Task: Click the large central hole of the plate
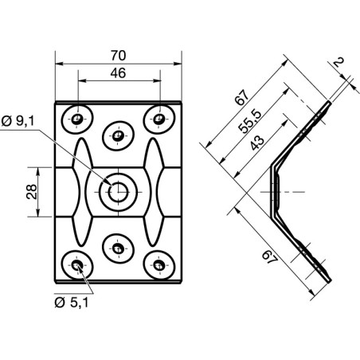click(x=118, y=191)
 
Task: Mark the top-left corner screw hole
click(x=77, y=119)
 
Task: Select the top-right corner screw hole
click(x=159, y=119)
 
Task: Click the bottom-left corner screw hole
click(x=77, y=264)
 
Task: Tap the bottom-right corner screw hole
click(x=159, y=264)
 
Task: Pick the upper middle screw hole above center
click(x=118, y=135)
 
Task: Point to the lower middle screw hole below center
click(x=118, y=248)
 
